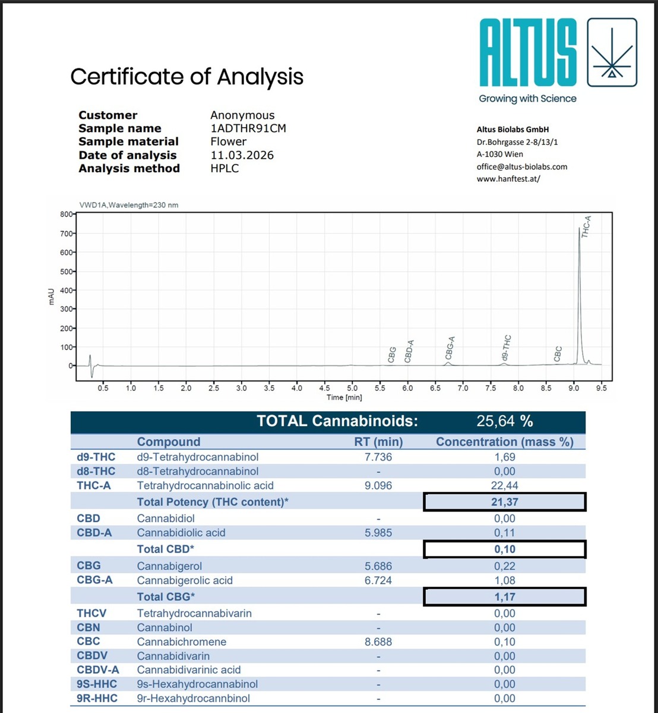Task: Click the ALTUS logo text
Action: pos(528,53)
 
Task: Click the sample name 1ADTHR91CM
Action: pos(248,128)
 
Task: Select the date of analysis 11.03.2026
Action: pos(242,155)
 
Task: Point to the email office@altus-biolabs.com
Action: pos(521,166)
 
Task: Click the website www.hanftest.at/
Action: pos(508,179)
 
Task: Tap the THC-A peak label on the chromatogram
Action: pos(586,227)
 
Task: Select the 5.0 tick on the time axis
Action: pos(352,388)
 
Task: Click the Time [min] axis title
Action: pos(344,397)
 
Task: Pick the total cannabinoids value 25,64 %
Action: pos(505,421)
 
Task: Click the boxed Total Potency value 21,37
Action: pos(505,502)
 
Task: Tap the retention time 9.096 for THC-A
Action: pos(378,485)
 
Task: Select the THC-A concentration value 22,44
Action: pos(505,485)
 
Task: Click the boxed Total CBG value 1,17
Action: pos(505,597)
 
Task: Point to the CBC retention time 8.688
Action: pos(378,642)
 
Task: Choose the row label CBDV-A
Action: pos(98,670)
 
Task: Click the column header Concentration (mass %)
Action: pos(505,442)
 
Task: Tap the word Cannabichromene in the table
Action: pos(182,642)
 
